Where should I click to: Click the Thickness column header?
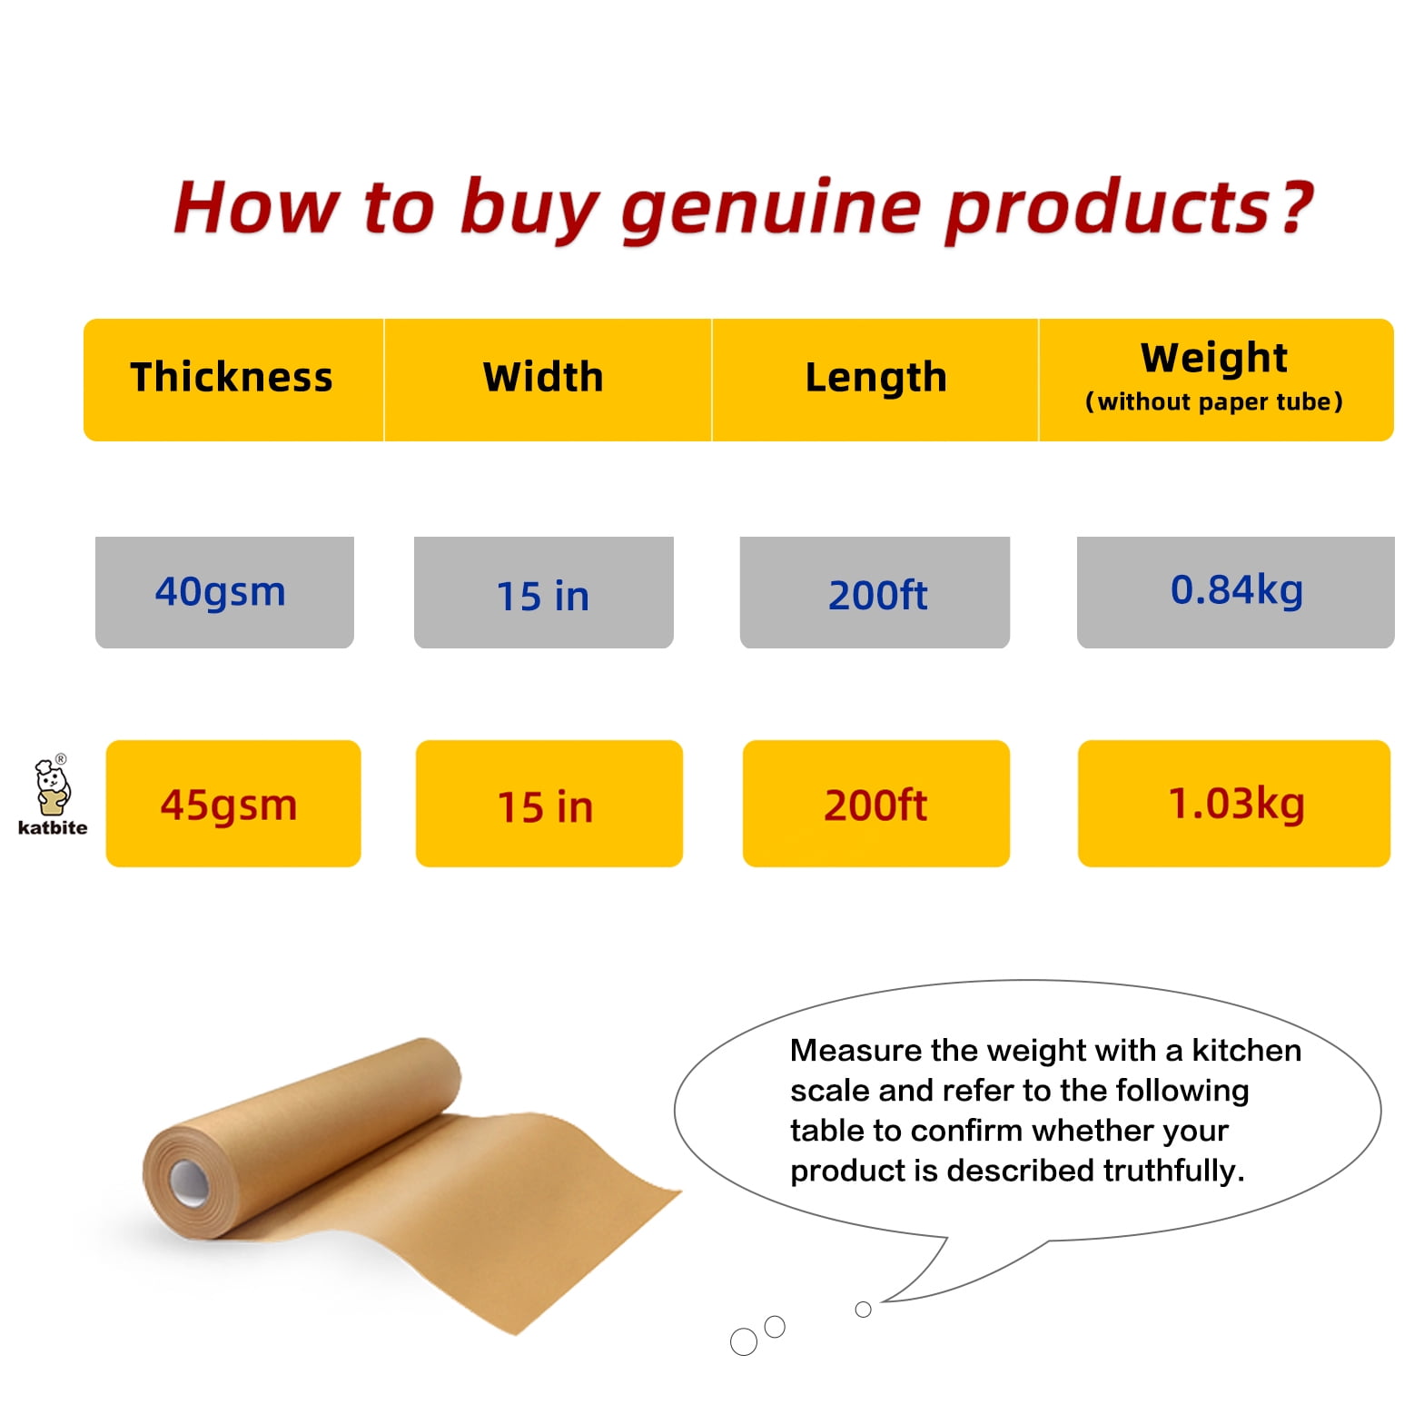[x=232, y=377]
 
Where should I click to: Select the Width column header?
[x=543, y=377]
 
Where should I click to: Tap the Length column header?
[x=875, y=377]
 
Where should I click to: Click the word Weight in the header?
[x=1214, y=357]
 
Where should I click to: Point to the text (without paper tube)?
[x=1214, y=401]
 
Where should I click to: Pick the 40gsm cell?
[x=224, y=592]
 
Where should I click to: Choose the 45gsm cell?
[x=233, y=804]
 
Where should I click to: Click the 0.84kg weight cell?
[x=1235, y=592]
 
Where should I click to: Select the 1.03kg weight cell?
[x=1234, y=804]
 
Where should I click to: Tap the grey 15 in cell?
[x=544, y=592]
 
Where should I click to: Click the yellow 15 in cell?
[x=549, y=804]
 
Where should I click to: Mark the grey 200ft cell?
[x=875, y=592]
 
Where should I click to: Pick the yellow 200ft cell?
[x=876, y=804]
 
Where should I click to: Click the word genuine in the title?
[x=771, y=209]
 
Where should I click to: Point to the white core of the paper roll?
[x=189, y=1182]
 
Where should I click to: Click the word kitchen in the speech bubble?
[x=1246, y=1051]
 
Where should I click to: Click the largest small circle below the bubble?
[x=744, y=1341]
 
